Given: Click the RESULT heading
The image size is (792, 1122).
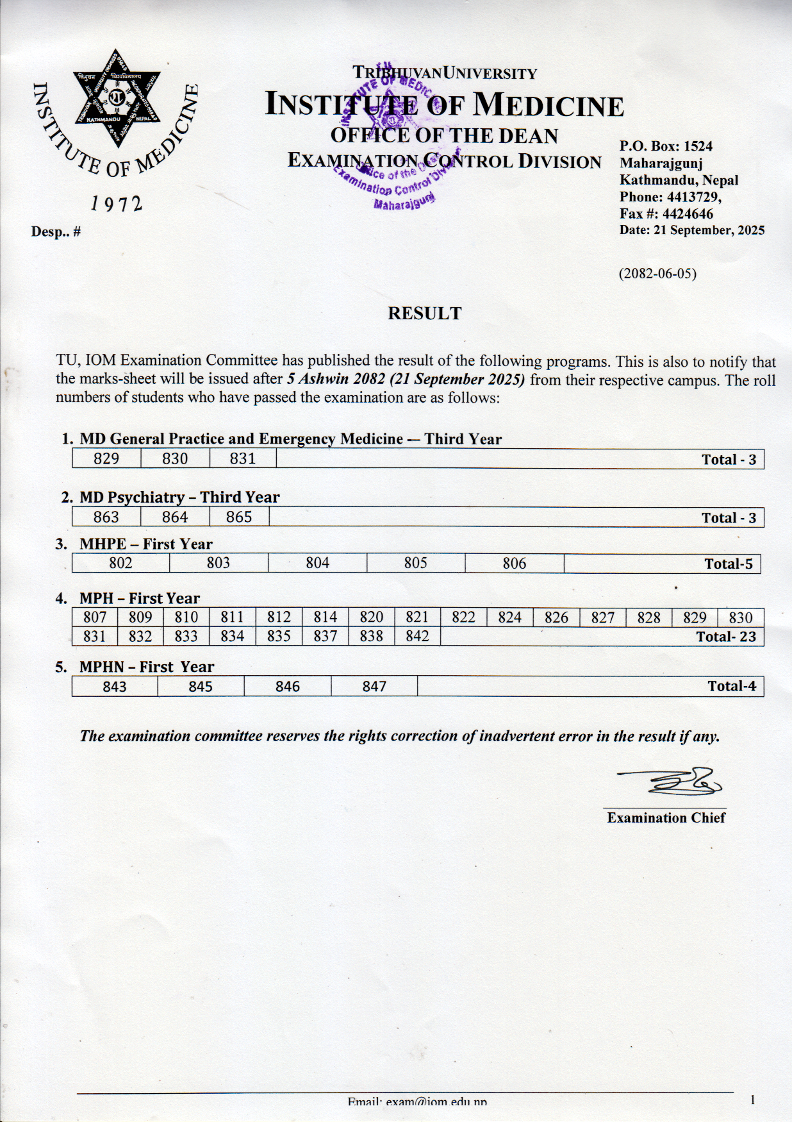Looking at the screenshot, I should [424, 314].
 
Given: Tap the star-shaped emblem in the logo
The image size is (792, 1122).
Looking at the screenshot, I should [116, 98].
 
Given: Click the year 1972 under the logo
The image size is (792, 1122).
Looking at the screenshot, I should [116, 204].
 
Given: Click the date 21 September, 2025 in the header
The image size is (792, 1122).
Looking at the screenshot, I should [709, 230].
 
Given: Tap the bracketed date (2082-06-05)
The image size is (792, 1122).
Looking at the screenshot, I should [657, 274].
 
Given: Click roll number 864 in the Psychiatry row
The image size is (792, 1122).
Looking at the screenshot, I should [175, 517].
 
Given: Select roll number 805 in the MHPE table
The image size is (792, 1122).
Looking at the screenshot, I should [415, 563].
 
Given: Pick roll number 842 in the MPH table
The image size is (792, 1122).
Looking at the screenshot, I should [417, 636].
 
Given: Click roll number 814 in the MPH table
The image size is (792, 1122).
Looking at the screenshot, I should [325, 617].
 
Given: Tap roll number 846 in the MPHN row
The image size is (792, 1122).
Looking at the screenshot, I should [288, 687].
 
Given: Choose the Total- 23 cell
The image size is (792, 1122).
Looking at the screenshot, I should [726, 637].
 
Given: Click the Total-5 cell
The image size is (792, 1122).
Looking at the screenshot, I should [729, 564].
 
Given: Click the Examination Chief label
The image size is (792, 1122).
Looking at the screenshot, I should [666, 818].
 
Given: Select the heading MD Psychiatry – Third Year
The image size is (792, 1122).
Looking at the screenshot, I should [179, 498].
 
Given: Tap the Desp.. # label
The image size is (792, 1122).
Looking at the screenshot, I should [56, 232].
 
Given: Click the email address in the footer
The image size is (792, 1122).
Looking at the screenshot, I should [417, 1101].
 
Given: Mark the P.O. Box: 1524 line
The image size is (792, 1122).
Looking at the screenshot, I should [666, 146].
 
